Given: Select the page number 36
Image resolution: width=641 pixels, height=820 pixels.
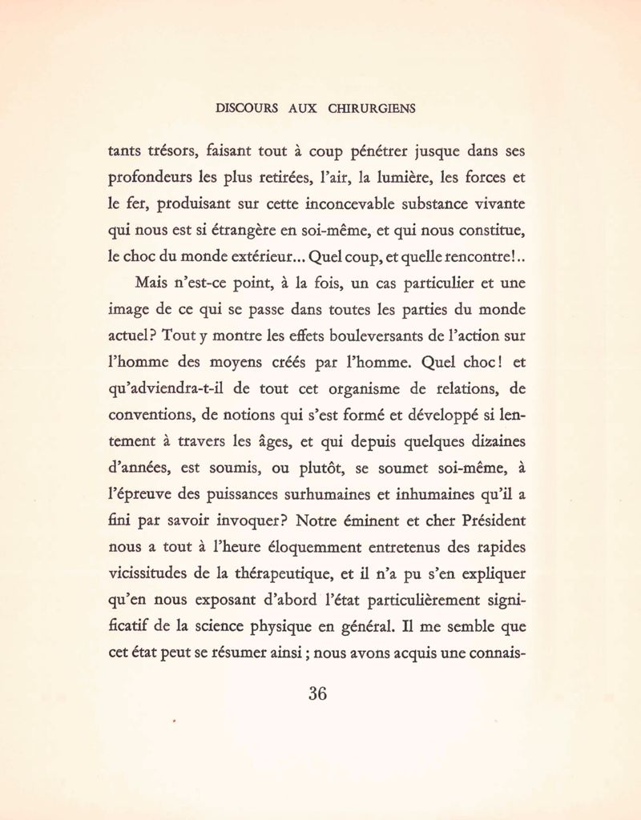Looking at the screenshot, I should point(317,693).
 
